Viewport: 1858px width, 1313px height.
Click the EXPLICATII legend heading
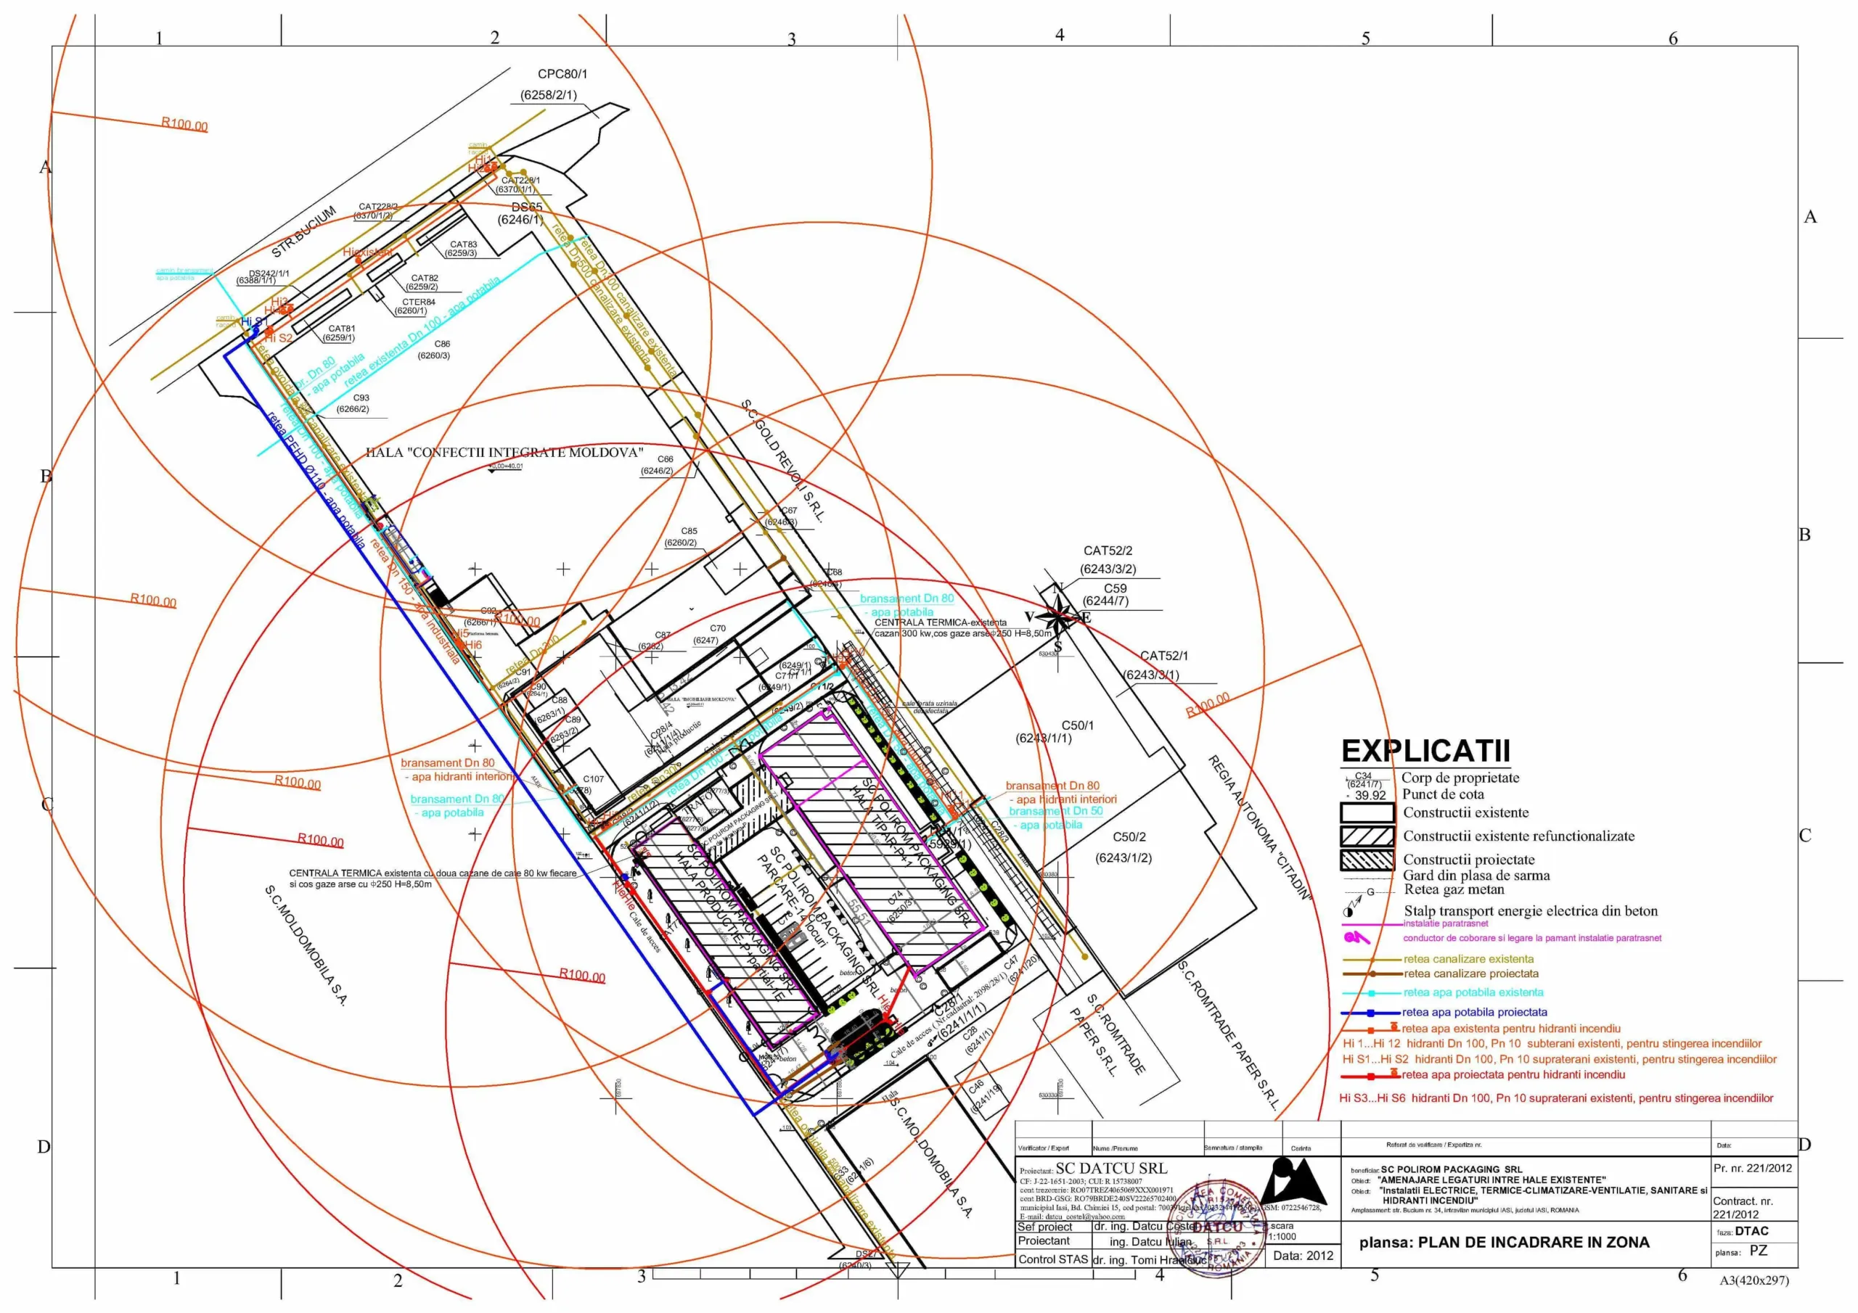pos(1425,752)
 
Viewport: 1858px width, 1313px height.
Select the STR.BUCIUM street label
pos(303,233)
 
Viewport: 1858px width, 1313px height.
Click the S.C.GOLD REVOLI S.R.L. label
pos(782,461)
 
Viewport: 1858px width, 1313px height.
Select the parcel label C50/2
pos(1129,837)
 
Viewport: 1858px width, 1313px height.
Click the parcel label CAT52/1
pos(1163,656)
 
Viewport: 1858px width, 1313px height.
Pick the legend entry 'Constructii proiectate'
pos(1468,859)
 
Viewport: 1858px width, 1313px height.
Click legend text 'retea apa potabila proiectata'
pos(1473,1012)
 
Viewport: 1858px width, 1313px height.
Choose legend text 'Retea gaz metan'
pos(1454,890)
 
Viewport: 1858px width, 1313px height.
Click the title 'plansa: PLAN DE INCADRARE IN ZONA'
pos(1504,1243)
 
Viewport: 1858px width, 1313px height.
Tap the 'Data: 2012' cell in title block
pos(1303,1256)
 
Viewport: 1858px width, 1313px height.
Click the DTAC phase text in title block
pos(1751,1231)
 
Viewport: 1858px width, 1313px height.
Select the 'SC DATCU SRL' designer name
pos(1110,1169)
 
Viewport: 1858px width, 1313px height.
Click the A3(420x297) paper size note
pos(1753,1280)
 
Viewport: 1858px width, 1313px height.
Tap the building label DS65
pos(527,207)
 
